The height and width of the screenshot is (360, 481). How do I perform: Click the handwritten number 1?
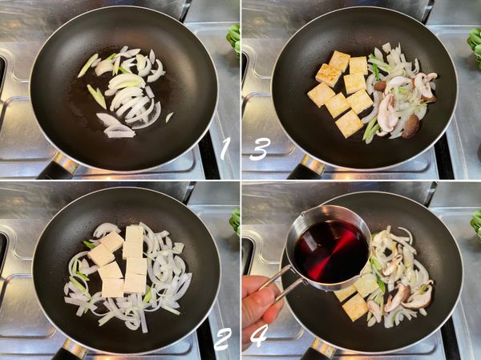224,148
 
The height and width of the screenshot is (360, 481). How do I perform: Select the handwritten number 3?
260,149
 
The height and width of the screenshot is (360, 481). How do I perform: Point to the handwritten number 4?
260,335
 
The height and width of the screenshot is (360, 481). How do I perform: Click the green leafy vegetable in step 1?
234,40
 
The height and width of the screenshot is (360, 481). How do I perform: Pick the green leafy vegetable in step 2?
235,222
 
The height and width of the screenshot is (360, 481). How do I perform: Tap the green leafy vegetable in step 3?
475,46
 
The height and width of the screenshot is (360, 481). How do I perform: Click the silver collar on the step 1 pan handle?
65,162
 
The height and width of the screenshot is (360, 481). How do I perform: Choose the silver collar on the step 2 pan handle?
75,348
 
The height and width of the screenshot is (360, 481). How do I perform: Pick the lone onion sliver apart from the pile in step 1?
169,117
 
